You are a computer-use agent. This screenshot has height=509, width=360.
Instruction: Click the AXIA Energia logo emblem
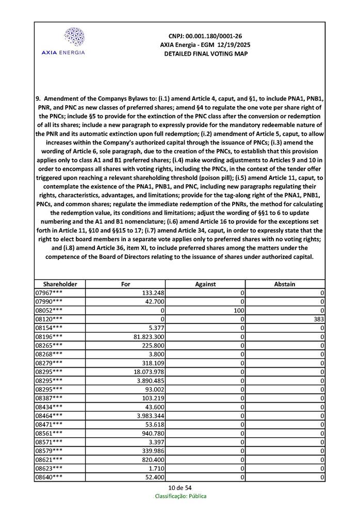point(74,37)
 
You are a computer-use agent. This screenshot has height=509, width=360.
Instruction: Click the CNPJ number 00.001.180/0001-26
point(205,36)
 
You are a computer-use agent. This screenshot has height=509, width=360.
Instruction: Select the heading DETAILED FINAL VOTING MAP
point(205,54)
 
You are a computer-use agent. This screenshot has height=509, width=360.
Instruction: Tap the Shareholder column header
point(60,284)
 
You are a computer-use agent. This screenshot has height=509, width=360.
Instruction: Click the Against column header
point(205,284)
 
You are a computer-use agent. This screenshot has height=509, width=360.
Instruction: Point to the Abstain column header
point(285,284)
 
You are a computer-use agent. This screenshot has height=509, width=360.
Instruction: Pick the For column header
point(125,284)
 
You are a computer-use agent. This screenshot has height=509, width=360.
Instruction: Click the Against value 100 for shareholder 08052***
point(238,310)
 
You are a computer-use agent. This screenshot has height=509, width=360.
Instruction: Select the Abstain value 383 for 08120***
point(318,319)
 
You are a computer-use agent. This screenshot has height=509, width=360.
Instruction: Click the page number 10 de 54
point(180,488)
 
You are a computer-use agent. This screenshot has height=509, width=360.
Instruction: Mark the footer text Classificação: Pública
point(181,496)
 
